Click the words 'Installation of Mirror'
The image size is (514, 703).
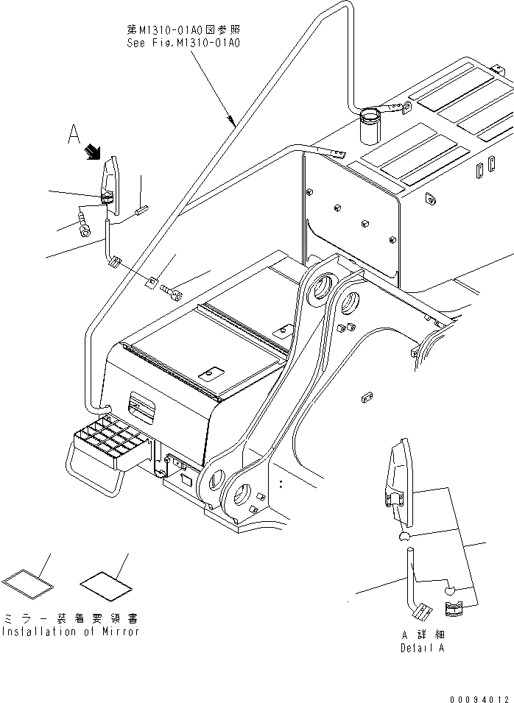click(70, 632)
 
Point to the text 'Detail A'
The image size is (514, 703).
click(423, 648)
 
